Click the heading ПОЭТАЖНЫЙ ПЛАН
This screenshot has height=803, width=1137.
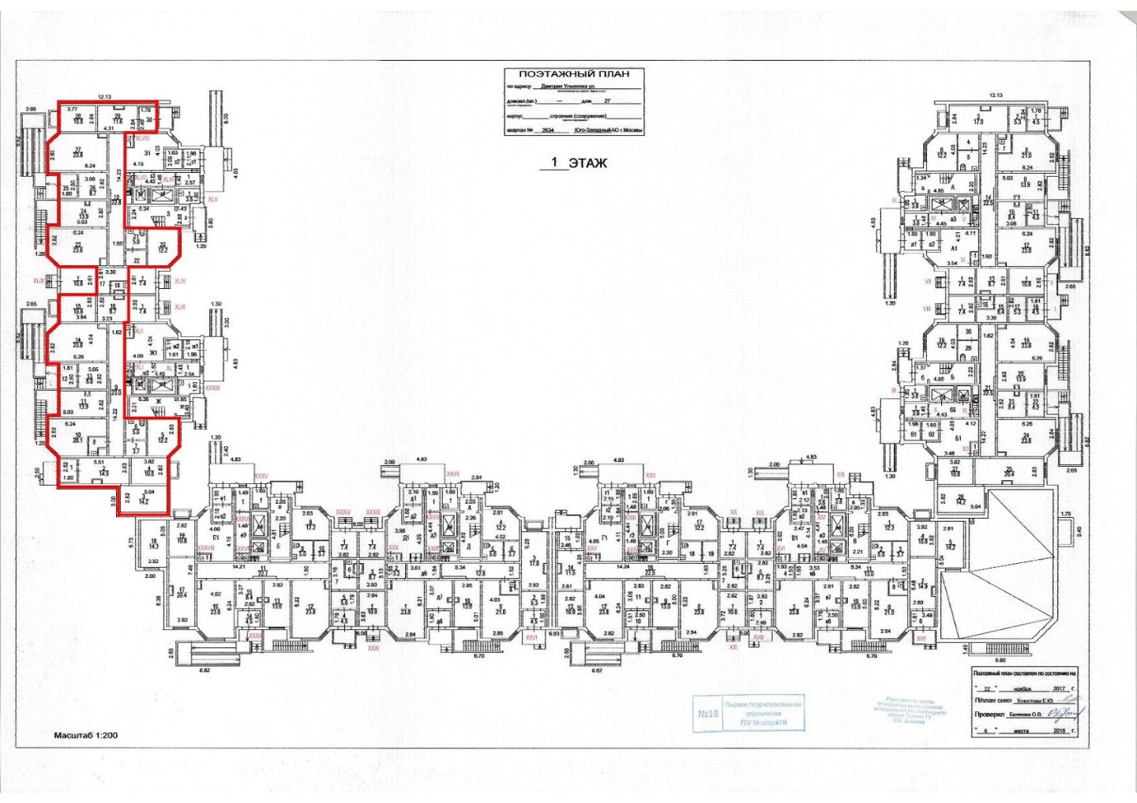pos(574,74)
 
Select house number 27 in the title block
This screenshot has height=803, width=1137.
pos(607,101)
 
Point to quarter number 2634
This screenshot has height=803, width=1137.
pos(549,130)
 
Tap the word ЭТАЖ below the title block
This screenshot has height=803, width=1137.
pos(588,163)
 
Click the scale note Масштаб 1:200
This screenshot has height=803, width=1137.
pos(85,735)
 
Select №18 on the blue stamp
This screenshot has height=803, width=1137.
pos(707,713)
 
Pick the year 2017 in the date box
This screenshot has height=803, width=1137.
pos(1060,688)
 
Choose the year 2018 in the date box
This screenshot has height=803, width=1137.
pos(1060,730)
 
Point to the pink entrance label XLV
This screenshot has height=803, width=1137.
pos(212,200)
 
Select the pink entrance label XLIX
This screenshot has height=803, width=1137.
pos(39,280)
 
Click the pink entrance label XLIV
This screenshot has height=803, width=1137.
pos(180,281)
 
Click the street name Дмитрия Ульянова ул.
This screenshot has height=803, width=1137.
pos(564,87)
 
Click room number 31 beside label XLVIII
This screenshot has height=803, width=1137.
pos(146,152)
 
